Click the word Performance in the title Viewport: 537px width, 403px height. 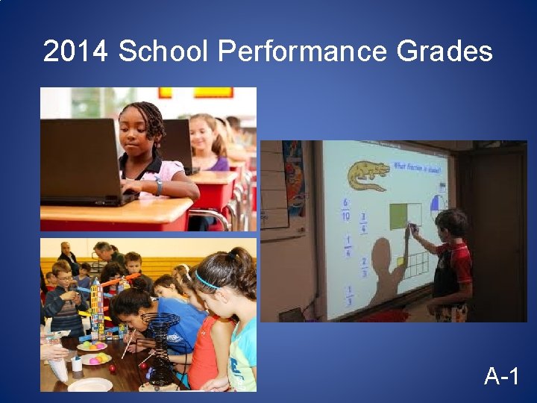tap(302, 52)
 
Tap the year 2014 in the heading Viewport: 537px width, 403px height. tap(77, 52)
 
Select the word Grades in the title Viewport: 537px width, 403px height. tap(445, 52)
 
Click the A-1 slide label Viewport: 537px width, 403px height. tap(502, 376)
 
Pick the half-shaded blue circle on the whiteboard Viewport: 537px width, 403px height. tap(437, 203)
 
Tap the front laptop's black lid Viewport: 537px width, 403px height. tap(78, 160)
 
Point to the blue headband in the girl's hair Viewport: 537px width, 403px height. tap(209, 282)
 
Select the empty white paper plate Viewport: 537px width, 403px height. tap(90, 384)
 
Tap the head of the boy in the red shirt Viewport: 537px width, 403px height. tap(452, 224)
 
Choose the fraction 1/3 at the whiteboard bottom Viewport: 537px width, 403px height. tap(347, 294)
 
